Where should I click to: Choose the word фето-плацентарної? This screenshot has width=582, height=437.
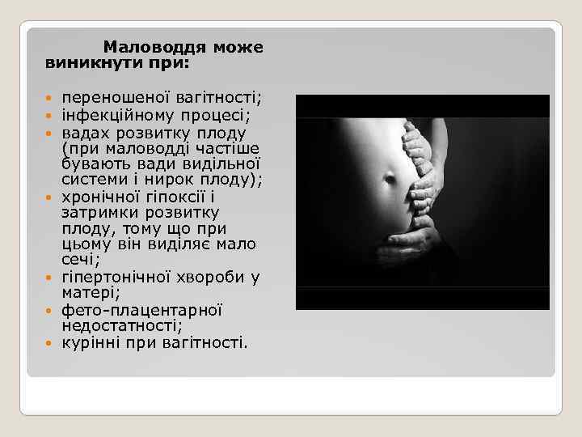[x=142, y=309]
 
